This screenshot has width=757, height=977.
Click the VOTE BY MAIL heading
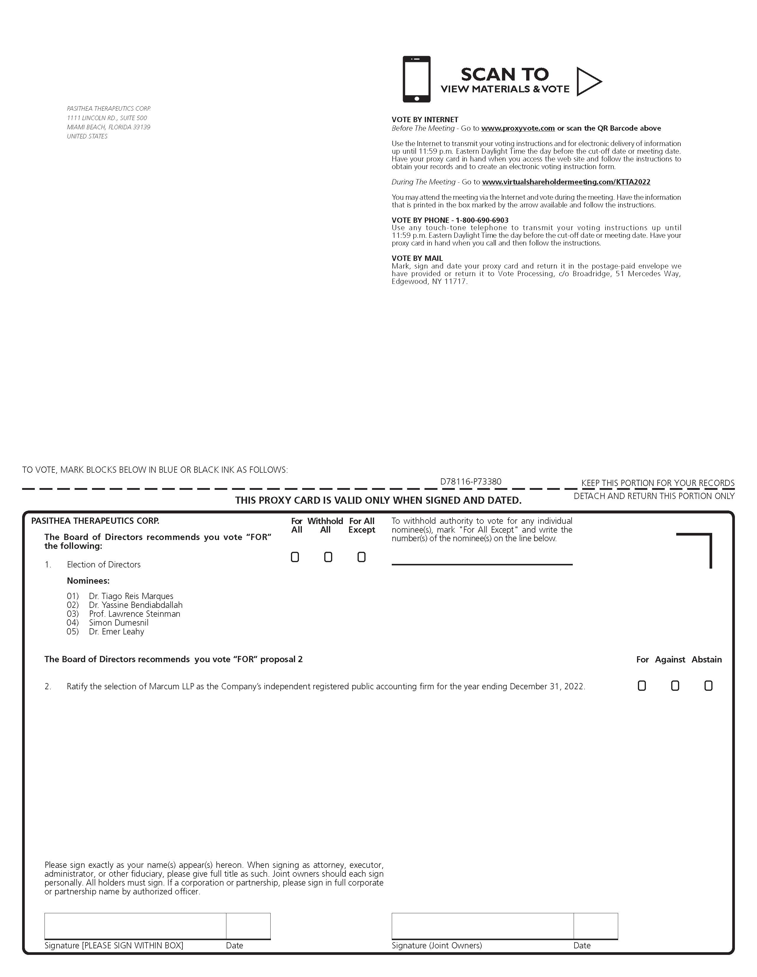click(x=417, y=258)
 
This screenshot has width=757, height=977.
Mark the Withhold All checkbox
click(x=328, y=557)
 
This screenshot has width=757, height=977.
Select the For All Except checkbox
click(x=361, y=557)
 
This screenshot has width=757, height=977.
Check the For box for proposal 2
click(x=642, y=686)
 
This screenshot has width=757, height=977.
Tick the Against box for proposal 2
click(x=675, y=686)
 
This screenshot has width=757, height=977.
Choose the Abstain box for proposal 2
click(x=708, y=686)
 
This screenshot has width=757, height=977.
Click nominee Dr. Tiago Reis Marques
click(x=131, y=596)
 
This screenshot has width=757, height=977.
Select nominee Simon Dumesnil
click(x=119, y=623)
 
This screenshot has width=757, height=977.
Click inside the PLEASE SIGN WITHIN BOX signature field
click(x=135, y=925)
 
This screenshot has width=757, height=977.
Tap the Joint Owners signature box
click(x=482, y=925)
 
